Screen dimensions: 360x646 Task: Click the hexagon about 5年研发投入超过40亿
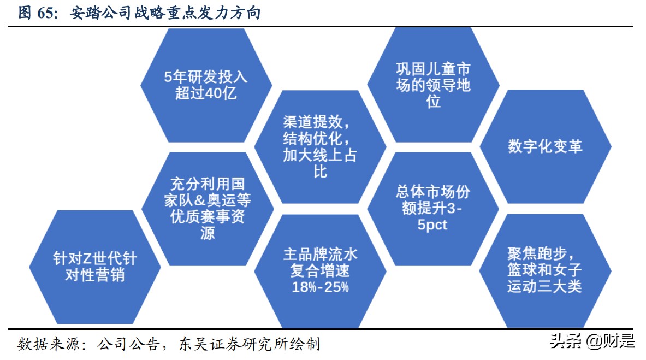[x=206, y=85]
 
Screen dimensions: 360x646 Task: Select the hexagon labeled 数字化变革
[x=545, y=146]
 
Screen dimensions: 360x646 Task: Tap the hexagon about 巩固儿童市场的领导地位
[x=433, y=85]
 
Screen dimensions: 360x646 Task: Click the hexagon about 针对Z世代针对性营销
[x=94, y=267]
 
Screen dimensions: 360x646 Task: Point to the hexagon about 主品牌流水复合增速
[x=320, y=270]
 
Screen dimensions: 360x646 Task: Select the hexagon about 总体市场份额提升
[x=433, y=208]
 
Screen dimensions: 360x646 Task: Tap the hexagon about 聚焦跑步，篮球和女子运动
[x=545, y=270]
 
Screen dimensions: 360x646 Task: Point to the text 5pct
[x=432, y=225]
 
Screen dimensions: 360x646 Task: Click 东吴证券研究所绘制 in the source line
[x=249, y=344]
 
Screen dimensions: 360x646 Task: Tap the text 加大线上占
[x=320, y=155]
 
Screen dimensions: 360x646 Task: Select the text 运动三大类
[x=545, y=286]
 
